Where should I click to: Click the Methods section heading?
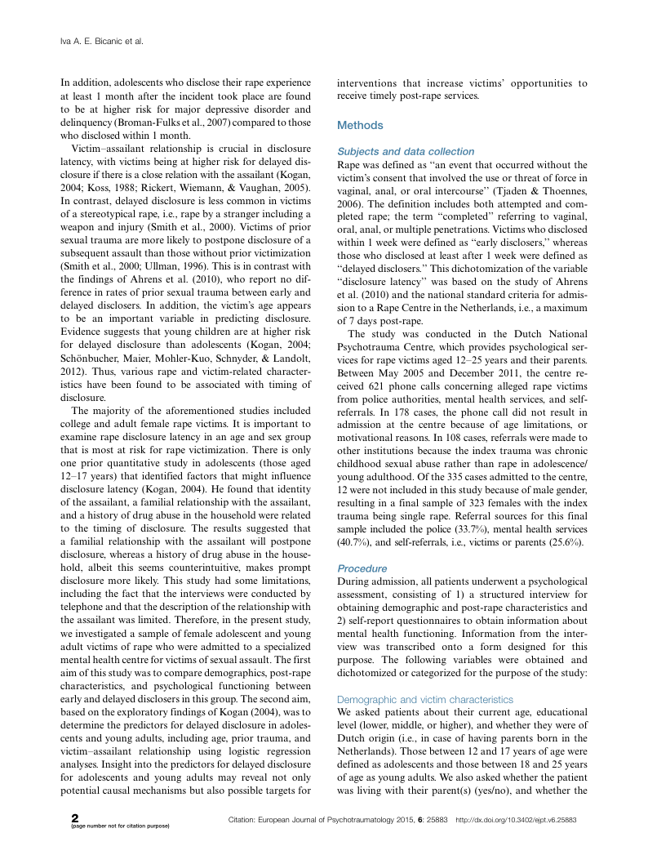click(x=360, y=126)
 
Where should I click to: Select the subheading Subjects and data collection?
click(x=406, y=151)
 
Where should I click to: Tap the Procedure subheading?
click(x=362, y=568)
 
